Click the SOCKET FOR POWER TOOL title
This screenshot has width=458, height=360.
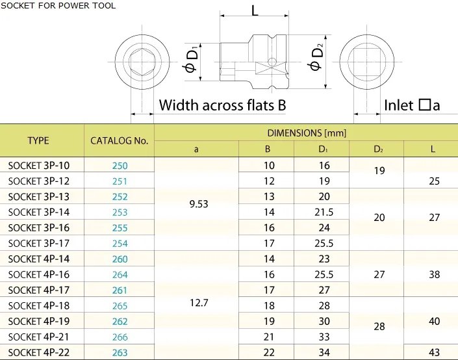[58, 6]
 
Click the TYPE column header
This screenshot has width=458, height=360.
[38, 140]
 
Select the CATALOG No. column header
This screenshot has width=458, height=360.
[120, 140]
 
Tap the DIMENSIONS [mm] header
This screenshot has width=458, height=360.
[307, 133]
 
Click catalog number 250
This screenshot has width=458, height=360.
[120, 166]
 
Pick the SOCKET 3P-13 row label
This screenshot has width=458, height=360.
[38, 197]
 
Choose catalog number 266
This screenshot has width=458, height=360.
[120, 337]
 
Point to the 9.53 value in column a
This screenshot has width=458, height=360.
[198, 204]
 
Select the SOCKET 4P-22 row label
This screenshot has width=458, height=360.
[38, 352]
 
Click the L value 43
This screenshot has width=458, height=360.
[435, 352]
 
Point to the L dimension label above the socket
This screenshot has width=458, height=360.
[254, 11]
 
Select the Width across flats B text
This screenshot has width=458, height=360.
[222, 105]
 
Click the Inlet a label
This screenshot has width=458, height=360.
[412, 105]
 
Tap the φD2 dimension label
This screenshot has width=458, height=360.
[316, 58]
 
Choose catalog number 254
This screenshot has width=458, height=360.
[120, 243]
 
